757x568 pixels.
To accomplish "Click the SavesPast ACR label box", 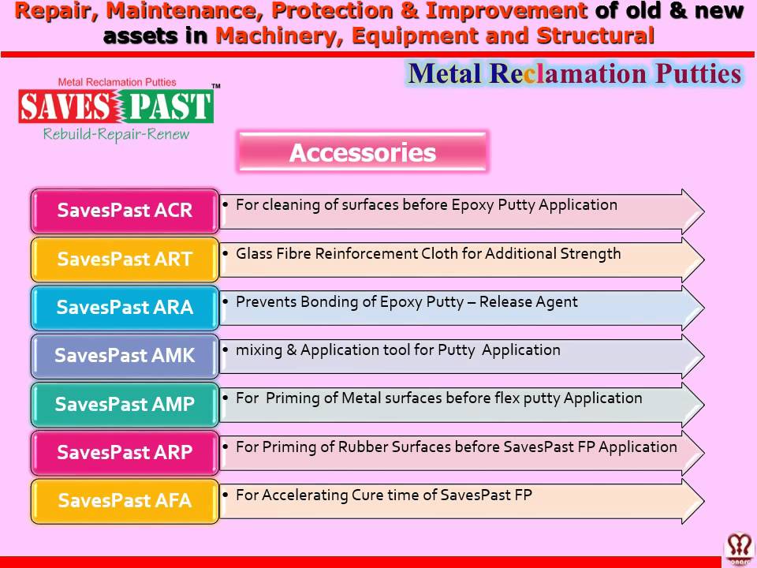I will (125, 211).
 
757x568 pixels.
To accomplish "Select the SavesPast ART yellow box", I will (125, 260).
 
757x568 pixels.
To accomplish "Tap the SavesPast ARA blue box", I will (125, 308).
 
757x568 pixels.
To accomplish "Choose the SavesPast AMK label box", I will (125, 356).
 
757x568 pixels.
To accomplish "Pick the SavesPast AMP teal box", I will (125, 405).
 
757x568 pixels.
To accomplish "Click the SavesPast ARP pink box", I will (125, 453).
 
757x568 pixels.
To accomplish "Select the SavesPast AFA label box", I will (125, 501).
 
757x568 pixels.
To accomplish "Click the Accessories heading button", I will (363, 152).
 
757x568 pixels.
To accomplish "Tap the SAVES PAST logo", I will (115, 106).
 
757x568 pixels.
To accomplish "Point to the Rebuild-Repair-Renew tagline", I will (116, 134).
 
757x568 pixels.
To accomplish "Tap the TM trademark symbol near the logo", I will (215, 86).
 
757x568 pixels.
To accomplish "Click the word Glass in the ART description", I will (255, 253).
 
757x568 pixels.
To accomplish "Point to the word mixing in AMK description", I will (254, 350).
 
